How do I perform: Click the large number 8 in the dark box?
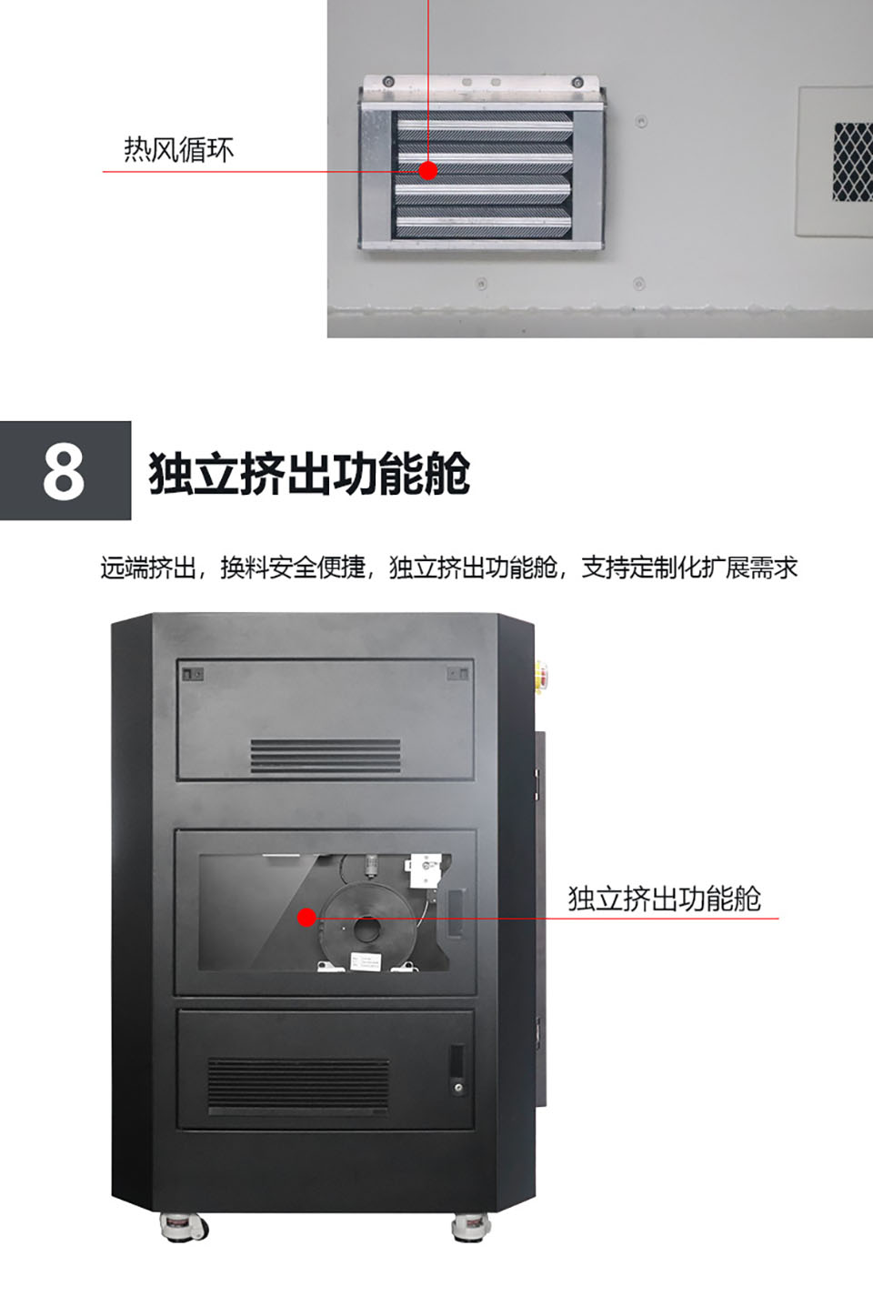[x=64, y=470]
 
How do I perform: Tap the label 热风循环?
[x=179, y=150]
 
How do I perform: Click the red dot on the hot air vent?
[x=428, y=170]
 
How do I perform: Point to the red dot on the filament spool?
[x=306, y=917]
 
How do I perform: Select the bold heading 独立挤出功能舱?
[x=309, y=474]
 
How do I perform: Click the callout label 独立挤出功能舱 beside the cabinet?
[x=664, y=899]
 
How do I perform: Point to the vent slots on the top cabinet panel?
[x=326, y=756]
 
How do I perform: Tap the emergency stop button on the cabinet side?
[x=542, y=674]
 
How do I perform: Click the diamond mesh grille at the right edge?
[x=853, y=161]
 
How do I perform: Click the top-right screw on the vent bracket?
[x=577, y=83]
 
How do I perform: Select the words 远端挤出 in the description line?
[x=148, y=568]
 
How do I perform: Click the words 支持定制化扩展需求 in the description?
[x=689, y=568]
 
